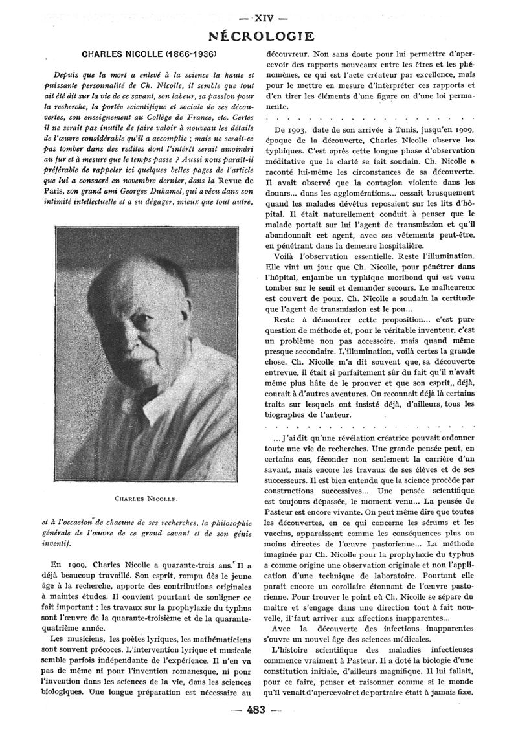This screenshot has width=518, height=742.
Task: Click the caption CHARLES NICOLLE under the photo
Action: pos(146,499)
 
